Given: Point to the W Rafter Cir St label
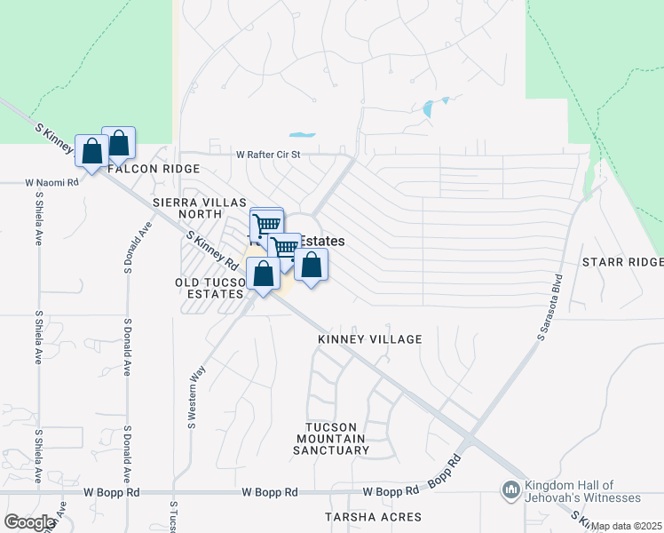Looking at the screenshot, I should click(269, 154).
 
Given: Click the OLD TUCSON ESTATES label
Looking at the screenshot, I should click(209, 288).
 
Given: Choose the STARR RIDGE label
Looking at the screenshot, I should click(622, 262).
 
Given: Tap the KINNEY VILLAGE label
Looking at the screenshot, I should click(369, 339).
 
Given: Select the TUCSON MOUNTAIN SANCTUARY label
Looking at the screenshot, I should click(331, 439).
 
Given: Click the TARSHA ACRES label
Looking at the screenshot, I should click(372, 517).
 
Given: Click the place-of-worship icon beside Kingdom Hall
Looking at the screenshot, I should click(510, 489).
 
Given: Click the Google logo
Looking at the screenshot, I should click(29, 522).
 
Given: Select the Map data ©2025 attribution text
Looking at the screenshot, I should click(627, 526).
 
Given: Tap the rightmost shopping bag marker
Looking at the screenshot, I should click(312, 264).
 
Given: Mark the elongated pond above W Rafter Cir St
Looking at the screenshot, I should click(303, 135).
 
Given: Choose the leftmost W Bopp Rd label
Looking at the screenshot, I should click(114, 491).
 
